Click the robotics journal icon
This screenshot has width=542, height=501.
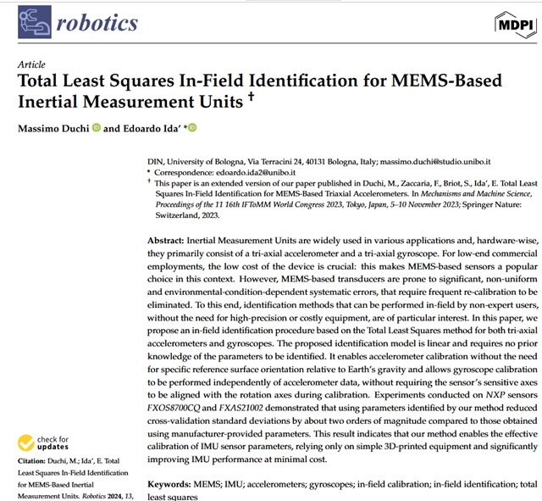tap(33, 23)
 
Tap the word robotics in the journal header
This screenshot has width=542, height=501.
tap(97, 24)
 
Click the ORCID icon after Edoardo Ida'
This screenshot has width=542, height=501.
tap(193, 128)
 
